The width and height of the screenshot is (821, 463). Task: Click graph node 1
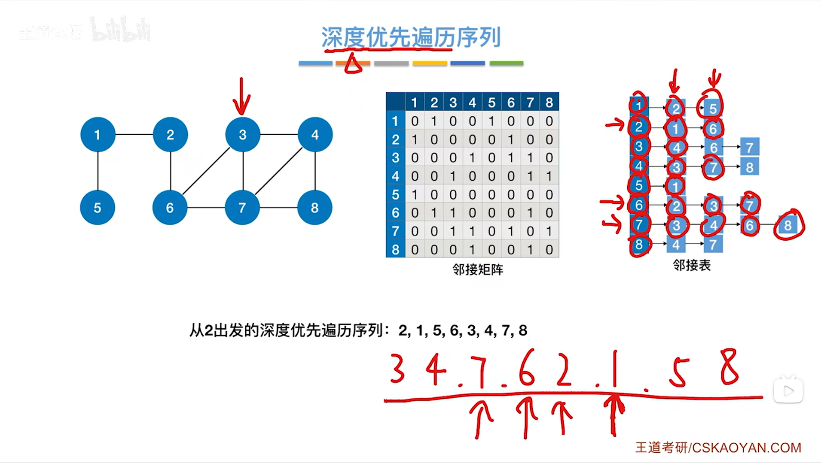coord(98,135)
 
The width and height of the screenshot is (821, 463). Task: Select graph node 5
coord(98,208)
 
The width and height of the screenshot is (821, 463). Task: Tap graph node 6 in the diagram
coord(170,208)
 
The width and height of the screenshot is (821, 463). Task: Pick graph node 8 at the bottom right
coord(314,208)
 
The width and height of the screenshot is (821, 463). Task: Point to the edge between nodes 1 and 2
coord(134,135)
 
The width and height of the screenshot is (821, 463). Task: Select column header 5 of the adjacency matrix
coord(491,103)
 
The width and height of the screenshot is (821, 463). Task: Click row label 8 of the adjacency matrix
coord(395,249)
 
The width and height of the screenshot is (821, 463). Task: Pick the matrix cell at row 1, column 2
coord(434,121)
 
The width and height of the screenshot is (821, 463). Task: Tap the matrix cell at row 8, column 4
coord(472,249)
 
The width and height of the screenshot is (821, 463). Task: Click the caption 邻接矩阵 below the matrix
coord(478,269)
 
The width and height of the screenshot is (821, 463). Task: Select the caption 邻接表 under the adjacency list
coord(692,265)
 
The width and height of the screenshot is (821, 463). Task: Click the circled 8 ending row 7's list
coord(787,225)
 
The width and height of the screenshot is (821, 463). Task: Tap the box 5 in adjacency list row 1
coord(713,109)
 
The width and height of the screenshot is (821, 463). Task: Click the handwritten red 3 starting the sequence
coord(397,369)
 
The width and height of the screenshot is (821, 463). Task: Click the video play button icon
coord(788,391)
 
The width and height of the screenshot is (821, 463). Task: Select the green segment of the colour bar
coord(507,63)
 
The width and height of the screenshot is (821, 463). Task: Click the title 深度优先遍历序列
coord(411,37)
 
